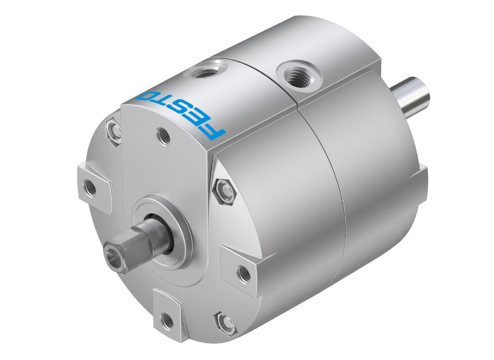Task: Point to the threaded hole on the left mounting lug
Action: coord(90,187)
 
